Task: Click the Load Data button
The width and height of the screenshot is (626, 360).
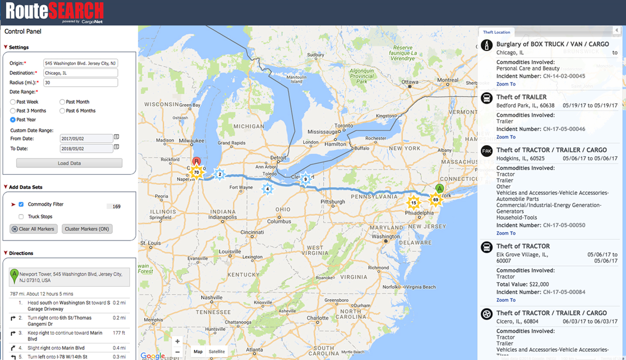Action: tap(69, 163)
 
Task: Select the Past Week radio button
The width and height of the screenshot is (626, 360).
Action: tap(13, 102)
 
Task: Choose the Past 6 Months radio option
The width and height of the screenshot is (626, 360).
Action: tap(63, 111)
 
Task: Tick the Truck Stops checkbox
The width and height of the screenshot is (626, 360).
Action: tap(21, 217)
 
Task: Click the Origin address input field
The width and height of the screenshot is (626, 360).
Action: tap(80, 63)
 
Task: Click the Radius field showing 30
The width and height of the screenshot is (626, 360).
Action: tap(80, 83)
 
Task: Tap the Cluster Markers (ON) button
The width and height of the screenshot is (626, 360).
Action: tap(87, 229)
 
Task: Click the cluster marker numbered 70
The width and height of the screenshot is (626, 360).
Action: tap(197, 173)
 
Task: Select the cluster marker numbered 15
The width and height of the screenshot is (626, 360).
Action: tap(414, 203)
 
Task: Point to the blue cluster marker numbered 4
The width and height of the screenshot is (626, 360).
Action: tap(268, 189)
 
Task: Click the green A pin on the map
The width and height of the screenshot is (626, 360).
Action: tap(439, 189)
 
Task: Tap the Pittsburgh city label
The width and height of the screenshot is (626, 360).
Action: tap(333, 202)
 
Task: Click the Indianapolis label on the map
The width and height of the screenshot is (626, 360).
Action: tap(223, 217)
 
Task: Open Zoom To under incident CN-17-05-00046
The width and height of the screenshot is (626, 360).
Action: tap(506, 137)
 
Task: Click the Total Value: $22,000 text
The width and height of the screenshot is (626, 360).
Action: tap(522, 284)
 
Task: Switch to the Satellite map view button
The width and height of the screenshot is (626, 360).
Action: tap(217, 351)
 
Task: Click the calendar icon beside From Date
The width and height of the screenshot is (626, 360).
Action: tap(116, 137)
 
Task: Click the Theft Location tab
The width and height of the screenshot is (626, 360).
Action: tap(496, 32)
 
